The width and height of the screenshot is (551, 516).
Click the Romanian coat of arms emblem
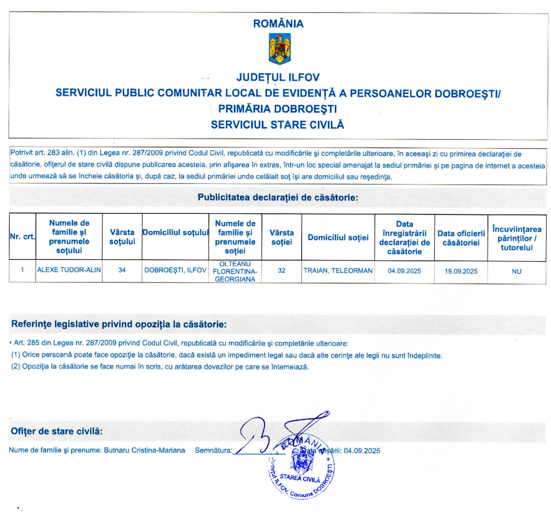[x=279, y=50]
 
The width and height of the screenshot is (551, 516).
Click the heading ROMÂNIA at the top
[x=279, y=24]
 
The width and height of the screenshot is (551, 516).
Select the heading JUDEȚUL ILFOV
[x=277, y=77]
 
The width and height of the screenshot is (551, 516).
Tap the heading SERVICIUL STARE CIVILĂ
[x=277, y=124]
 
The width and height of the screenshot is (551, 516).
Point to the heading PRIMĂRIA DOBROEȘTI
[x=277, y=108]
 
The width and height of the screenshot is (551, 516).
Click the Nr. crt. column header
[x=23, y=236]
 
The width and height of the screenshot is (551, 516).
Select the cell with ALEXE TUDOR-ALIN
[x=69, y=271]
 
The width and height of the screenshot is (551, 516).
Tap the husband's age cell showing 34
[x=122, y=271]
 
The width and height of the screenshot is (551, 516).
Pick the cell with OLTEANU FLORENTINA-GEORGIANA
[x=235, y=271]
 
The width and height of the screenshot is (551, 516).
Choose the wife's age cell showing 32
[x=281, y=271]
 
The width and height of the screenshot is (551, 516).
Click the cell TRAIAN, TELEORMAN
[x=338, y=271]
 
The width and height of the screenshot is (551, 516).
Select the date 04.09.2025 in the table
[x=404, y=271]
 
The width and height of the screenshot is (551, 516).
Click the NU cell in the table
[x=516, y=271]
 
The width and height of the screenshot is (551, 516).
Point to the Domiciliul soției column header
[x=338, y=237]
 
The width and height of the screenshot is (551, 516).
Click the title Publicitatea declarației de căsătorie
[x=277, y=197]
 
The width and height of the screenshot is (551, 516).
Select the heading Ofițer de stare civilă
[x=56, y=430]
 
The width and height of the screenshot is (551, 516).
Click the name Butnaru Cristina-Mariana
[x=145, y=450]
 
